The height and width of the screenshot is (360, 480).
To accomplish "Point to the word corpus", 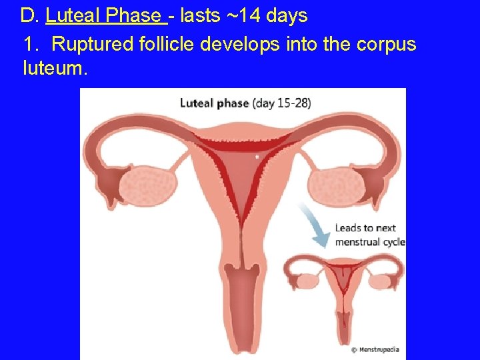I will (x=386, y=44).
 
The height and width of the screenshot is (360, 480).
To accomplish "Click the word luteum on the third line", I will (x=55, y=67).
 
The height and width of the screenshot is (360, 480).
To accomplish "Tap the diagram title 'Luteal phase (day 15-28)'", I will (x=245, y=103).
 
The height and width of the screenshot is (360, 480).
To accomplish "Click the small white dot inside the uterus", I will (x=258, y=157).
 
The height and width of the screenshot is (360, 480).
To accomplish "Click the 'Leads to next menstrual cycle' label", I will (x=369, y=235).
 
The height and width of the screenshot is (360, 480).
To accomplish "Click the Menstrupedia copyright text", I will (x=377, y=349).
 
